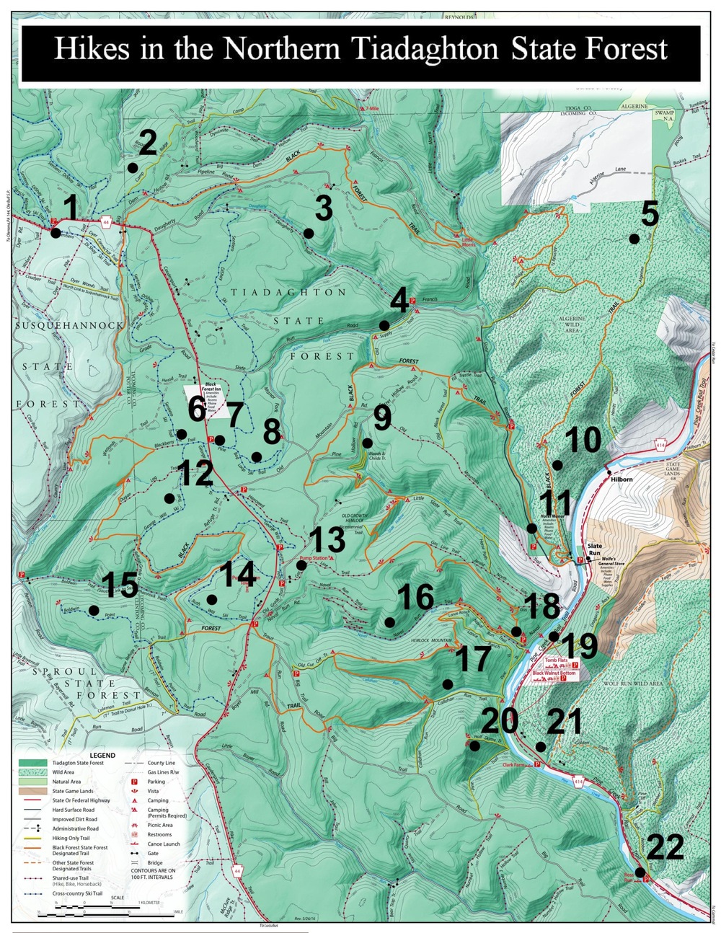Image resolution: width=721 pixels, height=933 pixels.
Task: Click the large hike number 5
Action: (x=650, y=214)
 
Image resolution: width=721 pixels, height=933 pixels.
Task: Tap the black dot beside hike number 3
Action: (x=309, y=233)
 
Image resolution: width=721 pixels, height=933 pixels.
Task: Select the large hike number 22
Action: (x=665, y=847)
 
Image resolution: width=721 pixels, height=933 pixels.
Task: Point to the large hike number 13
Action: (x=327, y=541)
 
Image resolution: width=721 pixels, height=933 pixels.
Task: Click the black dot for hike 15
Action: (x=94, y=611)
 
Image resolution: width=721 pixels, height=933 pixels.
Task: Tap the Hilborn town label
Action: (x=621, y=479)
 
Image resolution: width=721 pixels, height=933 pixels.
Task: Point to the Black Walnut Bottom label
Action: (x=553, y=673)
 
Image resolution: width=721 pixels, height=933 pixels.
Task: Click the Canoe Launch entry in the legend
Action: (x=164, y=844)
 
